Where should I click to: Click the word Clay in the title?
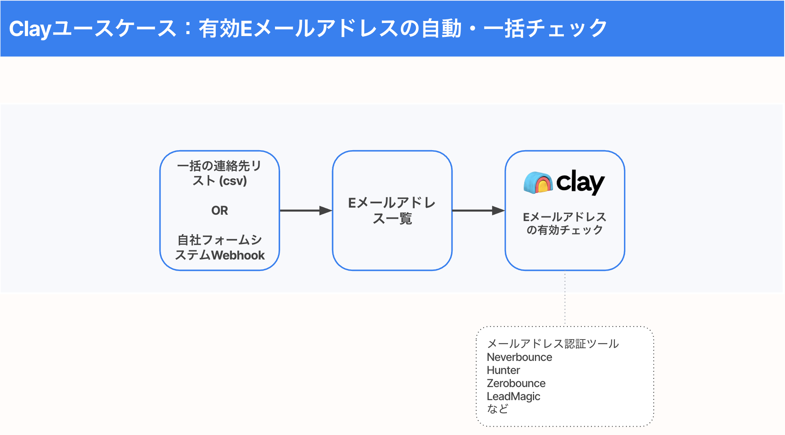click(x=30, y=29)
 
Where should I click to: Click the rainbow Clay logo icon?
click(x=537, y=183)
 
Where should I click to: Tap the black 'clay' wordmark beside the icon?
click(x=580, y=182)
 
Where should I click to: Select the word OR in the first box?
click(x=220, y=210)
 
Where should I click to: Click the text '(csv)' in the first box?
click(x=233, y=181)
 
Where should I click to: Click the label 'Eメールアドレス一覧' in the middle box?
click(x=392, y=210)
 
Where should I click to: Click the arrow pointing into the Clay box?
click(x=478, y=210)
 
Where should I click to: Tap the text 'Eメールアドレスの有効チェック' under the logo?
click(x=565, y=223)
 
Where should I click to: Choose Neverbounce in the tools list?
click(x=519, y=357)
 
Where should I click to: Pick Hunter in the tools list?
click(x=503, y=370)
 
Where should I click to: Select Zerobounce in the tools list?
click(x=516, y=383)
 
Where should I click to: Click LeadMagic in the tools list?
click(x=513, y=396)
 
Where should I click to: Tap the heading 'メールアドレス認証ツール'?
click(x=553, y=343)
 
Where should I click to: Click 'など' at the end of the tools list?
click(x=497, y=408)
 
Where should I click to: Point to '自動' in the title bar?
click(x=441, y=29)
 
